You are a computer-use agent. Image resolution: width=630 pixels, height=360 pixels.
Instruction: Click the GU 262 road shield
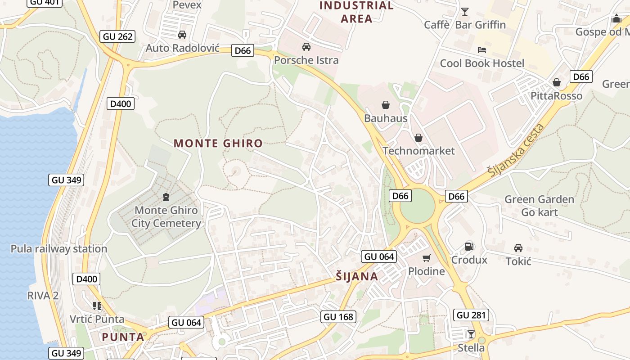[x=118, y=36]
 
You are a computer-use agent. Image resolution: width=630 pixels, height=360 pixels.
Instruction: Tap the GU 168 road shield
[x=339, y=317]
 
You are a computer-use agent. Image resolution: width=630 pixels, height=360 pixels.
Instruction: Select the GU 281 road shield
[x=471, y=315]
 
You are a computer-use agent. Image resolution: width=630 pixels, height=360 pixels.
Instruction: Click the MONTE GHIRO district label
[x=218, y=144]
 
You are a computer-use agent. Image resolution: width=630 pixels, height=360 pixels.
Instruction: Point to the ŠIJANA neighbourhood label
[x=357, y=276]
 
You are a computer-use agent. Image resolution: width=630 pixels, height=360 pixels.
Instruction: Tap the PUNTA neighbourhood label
[x=123, y=337]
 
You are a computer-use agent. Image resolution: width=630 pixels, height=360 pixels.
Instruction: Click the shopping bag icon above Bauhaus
[x=386, y=105]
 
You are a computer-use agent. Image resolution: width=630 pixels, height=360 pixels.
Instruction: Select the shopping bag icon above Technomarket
[x=418, y=138]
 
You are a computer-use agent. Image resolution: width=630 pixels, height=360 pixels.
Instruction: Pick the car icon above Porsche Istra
[x=306, y=47]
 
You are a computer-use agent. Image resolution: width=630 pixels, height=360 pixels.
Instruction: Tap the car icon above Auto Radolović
[x=182, y=35]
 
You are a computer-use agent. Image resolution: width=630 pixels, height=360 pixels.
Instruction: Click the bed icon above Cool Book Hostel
[x=482, y=49]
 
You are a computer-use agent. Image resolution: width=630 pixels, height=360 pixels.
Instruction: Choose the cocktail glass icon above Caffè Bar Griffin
[x=465, y=11]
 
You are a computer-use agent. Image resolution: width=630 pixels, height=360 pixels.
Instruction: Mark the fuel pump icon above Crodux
[x=469, y=246]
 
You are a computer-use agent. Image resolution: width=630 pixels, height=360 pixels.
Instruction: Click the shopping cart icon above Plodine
[x=426, y=258]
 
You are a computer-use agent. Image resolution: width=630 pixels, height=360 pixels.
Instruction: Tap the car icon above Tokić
[x=518, y=248]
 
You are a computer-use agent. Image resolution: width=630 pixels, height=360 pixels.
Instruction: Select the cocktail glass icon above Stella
[x=471, y=334]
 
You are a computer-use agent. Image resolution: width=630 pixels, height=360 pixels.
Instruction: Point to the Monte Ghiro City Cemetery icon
[x=166, y=197]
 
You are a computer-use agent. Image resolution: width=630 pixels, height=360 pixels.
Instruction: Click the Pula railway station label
[x=59, y=249]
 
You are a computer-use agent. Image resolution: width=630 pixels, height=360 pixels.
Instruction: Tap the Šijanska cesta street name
[x=516, y=149]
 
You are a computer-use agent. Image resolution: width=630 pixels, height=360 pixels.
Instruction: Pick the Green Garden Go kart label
[x=539, y=206]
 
